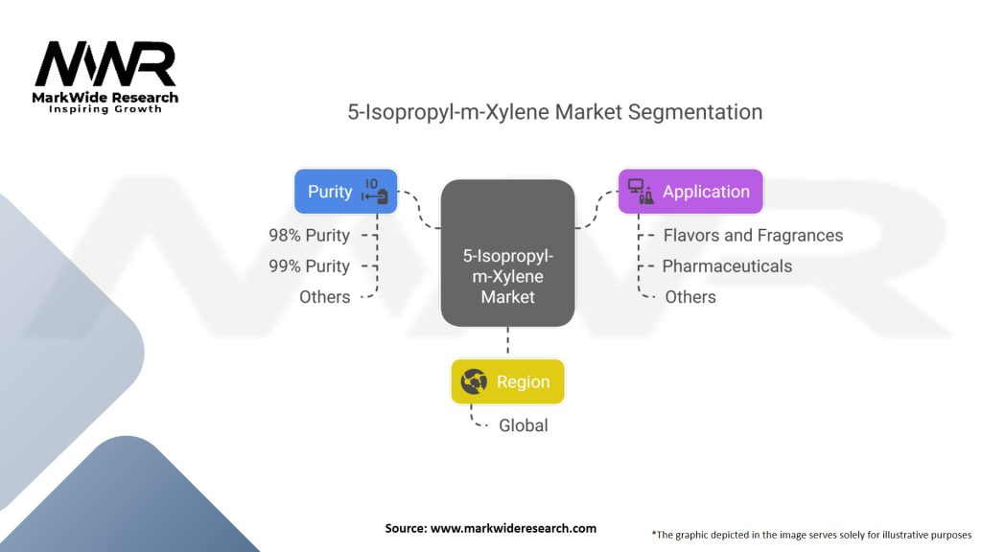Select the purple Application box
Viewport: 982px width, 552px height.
pyautogui.click(x=690, y=191)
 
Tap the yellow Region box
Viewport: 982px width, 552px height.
pyautogui.click(x=507, y=381)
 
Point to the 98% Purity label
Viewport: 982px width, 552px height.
pyautogui.click(x=310, y=235)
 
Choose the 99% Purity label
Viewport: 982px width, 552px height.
pyautogui.click(x=310, y=265)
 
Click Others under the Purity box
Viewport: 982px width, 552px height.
pyautogui.click(x=325, y=297)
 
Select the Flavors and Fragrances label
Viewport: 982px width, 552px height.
pyautogui.click(x=753, y=235)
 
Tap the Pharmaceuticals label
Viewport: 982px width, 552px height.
pyautogui.click(x=727, y=265)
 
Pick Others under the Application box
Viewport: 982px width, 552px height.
pyautogui.click(x=690, y=297)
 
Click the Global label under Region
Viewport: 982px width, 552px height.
pyautogui.click(x=524, y=425)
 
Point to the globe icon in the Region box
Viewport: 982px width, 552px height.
pyautogui.click(x=474, y=381)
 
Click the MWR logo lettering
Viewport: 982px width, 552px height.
pyautogui.click(x=105, y=65)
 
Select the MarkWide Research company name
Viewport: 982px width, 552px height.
pyautogui.click(x=105, y=97)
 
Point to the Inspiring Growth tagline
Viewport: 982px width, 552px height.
pyautogui.click(x=105, y=109)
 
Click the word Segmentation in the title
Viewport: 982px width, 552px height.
pyautogui.click(x=694, y=112)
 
